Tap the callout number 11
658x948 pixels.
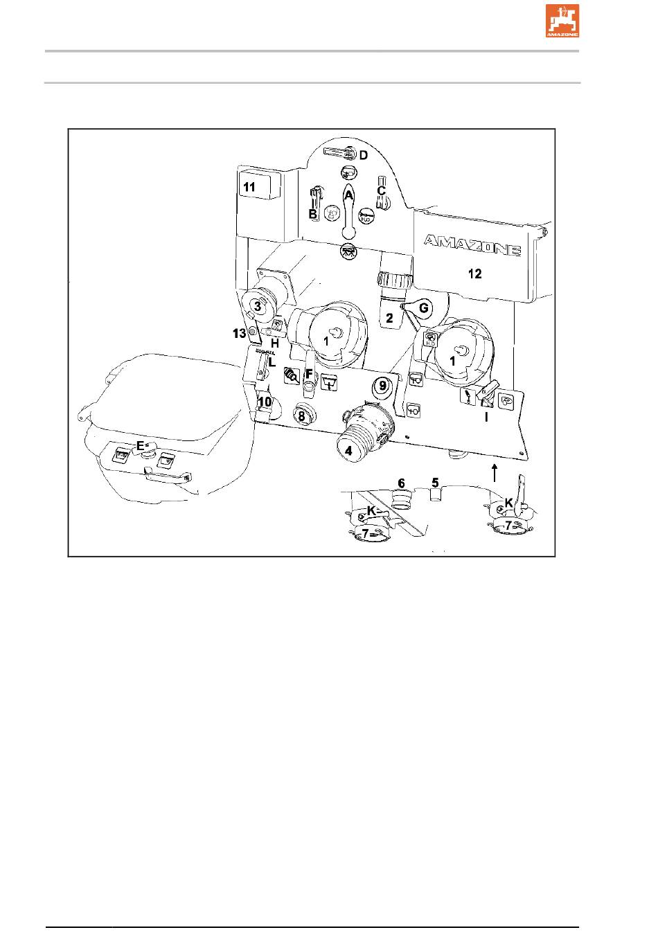pos(248,187)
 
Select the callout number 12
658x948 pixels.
pos(474,274)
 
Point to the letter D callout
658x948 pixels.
pos(362,154)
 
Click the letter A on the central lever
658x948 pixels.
pos(349,196)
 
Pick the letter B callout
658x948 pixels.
pos(313,214)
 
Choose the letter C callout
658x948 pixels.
pos(381,190)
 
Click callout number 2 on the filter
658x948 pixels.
pos(389,318)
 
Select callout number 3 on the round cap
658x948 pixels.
pos(258,305)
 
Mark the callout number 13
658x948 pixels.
pos(240,334)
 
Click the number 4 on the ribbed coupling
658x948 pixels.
pos(349,450)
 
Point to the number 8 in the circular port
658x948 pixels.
pos(301,416)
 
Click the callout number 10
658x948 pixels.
pos(264,401)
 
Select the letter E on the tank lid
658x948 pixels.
pos(140,446)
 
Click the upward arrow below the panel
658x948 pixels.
pos(494,474)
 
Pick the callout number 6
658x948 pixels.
pos(401,483)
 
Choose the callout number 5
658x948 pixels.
pos(436,481)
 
